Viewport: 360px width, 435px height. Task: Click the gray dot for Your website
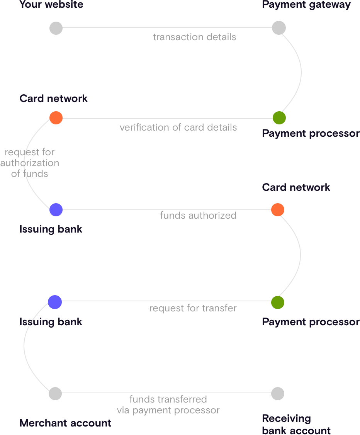[56, 28]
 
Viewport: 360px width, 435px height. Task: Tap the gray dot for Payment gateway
[278, 28]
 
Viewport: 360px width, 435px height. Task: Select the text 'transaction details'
[194, 37]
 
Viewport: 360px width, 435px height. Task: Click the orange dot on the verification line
[56, 118]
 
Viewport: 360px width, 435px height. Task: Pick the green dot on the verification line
[279, 118]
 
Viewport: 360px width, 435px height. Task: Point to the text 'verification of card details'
[178, 127]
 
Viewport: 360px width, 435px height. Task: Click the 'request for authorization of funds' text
[29, 163]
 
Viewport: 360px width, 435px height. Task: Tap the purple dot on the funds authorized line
[56, 210]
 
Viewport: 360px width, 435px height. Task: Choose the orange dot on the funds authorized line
[278, 210]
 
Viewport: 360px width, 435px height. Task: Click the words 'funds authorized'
[198, 215]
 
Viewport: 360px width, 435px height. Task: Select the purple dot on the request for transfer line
[55, 302]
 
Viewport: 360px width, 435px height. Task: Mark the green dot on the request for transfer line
[278, 302]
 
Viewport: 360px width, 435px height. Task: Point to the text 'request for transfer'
[193, 308]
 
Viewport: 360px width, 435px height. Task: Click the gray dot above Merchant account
[55, 393]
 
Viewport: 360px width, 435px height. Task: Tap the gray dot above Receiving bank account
[278, 393]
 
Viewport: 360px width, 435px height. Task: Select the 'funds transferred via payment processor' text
[168, 404]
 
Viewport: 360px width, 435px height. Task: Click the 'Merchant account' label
[65, 423]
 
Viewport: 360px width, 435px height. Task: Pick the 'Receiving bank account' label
[296, 425]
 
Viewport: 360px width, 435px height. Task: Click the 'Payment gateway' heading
[306, 5]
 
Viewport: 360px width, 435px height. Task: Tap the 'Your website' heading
[51, 5]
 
